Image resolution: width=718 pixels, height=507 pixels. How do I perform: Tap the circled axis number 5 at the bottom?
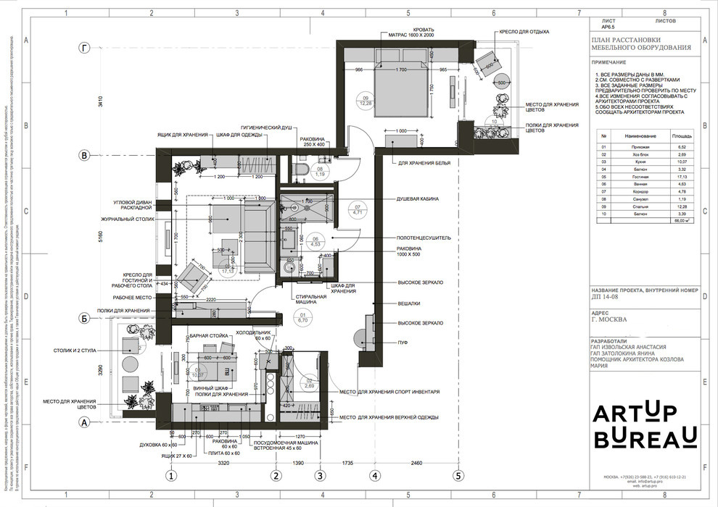coord(458,476)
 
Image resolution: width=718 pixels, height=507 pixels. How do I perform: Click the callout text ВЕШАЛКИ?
coord(409,303)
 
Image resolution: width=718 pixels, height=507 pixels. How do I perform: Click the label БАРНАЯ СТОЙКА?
coord(209,336)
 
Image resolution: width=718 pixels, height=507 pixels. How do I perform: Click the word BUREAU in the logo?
coord(645,437)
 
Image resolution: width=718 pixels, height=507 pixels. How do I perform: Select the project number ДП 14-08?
coord(608,297)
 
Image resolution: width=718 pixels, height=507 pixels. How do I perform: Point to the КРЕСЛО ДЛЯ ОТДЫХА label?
coord(523,32)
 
